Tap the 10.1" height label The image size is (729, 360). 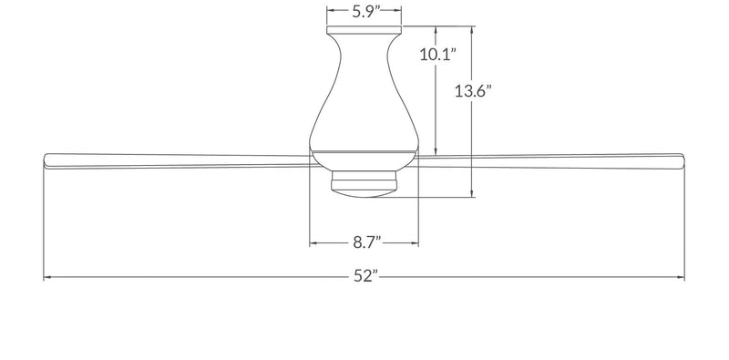click(437, 55)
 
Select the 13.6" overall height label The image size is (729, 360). click(473, 91)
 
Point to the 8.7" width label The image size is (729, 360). click(366, 242)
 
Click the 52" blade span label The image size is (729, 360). click(364, 276)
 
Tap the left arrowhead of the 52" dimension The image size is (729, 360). click(47, 278)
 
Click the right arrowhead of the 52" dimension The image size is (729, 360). click(681, 278)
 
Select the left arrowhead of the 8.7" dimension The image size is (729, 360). click(313, 242)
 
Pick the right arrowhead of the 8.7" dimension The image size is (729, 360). click(415, 242)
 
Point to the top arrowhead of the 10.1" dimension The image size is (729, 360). click(436, 30)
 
